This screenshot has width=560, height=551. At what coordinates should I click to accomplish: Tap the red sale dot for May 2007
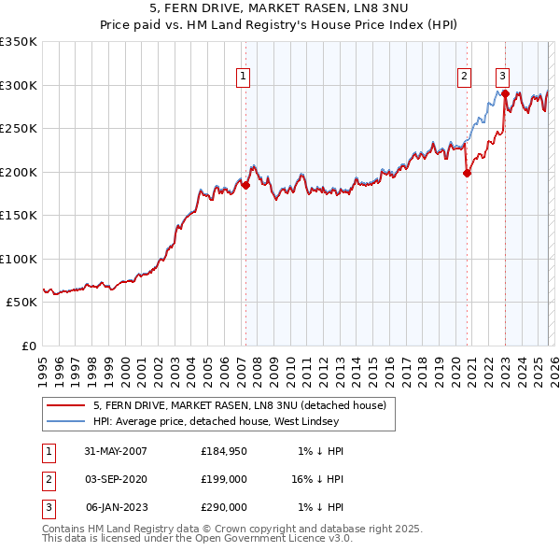tap(246, 186)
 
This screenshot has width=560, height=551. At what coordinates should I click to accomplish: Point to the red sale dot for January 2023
tap(505, 94)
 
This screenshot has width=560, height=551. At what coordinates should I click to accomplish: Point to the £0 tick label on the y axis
tap(28, 346)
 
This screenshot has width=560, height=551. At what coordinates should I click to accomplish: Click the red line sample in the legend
tap(65, 405)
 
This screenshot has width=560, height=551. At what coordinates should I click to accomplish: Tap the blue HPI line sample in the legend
tap(65, 421)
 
